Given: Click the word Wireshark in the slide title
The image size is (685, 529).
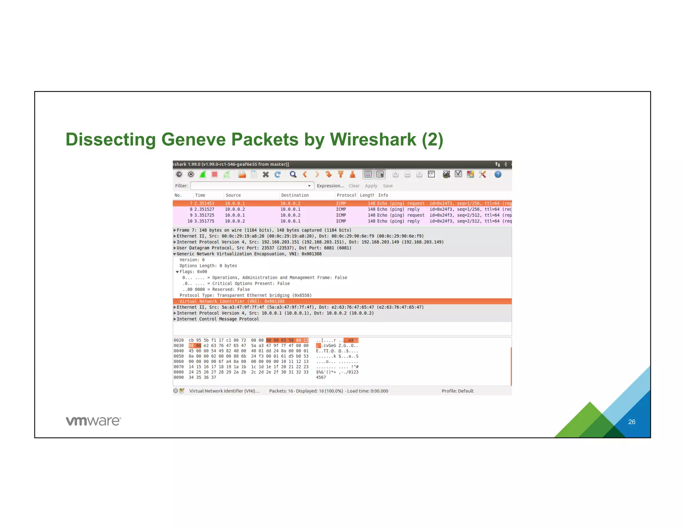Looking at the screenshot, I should coord(373,139).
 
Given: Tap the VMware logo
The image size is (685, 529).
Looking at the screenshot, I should coord(93,421).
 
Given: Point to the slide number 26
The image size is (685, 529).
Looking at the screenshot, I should coord(631,422).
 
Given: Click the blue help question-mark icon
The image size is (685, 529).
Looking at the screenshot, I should coord(498,174).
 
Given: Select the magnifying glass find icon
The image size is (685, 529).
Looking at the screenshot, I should coord(293,174).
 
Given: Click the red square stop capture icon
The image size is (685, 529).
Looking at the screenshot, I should coord(215,174).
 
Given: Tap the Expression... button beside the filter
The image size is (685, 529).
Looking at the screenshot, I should coord(330,186).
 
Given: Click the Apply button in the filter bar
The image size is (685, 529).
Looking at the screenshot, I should coord(371,186).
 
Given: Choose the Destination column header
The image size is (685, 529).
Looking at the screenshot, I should coord(295,195).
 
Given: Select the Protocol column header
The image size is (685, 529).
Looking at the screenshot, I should coord(346,195).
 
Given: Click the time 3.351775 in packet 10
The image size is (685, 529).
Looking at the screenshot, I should coord(204,221).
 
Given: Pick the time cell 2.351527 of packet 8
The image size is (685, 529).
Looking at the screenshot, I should coord(204,209).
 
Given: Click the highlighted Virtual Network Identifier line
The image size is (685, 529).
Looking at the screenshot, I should coord(232,301).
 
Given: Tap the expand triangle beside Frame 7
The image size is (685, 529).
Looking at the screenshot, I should coord(175,230).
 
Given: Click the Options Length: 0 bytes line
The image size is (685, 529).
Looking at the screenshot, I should coord(208,266).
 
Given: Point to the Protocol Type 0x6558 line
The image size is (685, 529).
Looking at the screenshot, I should coord(245,295).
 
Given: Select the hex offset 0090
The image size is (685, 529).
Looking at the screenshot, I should coord(179,378).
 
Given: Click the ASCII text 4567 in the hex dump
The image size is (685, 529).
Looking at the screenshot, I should coord(321,378).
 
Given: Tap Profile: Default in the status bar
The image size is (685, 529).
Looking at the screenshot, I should coord(457,391).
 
